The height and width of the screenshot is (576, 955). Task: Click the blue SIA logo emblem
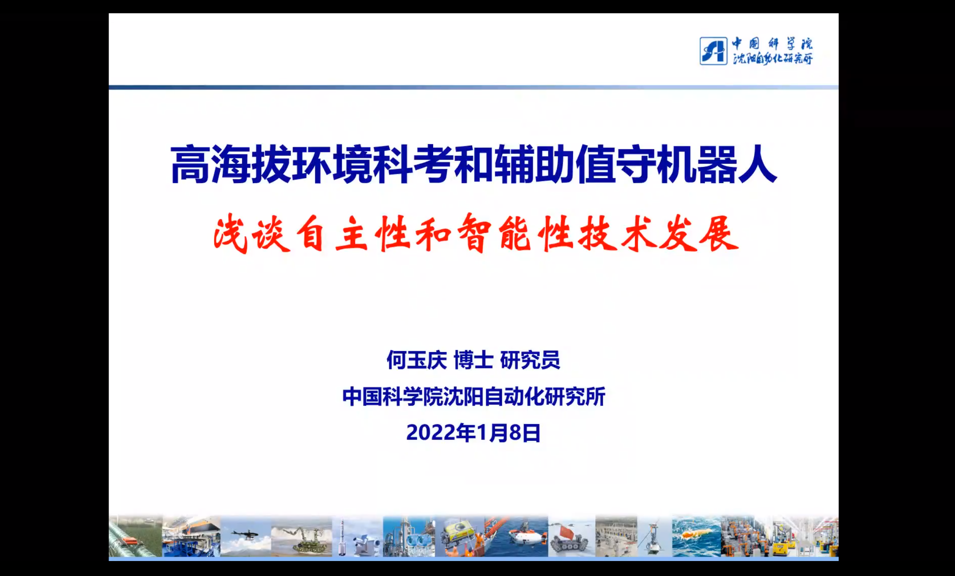point(713,51)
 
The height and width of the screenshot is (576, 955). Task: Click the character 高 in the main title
point(190,165)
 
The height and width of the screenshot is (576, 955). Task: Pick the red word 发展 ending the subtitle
point(698,234)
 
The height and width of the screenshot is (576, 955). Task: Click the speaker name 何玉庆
point(417,360)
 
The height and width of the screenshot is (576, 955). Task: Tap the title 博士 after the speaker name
point(473,360)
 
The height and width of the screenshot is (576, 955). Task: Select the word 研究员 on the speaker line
point(530,360)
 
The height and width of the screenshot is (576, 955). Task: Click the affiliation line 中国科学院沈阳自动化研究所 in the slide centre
point(474,397)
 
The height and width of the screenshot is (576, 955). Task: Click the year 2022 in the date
point(431,433)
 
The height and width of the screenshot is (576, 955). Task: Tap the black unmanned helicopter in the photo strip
point(245,534)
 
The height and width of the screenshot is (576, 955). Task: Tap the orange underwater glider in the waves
point(695,534)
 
